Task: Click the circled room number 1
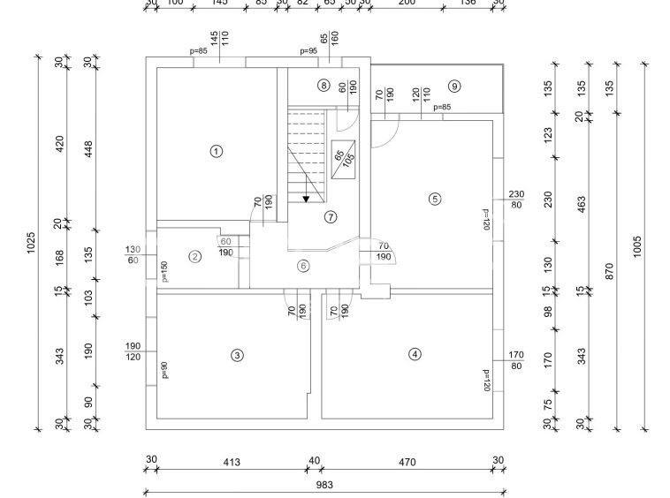click(216, 151)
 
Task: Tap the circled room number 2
click(195, 257)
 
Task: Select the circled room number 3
click(237, 355)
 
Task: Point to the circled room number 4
click(415, 354)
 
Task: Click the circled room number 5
click(434, 199)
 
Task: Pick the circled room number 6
click(303, 265)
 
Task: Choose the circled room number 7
click(331, 216)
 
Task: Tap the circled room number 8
click(324, 86)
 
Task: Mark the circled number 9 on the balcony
click(454, 86)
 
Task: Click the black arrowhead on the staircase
click(306, 199)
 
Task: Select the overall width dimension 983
click(324, 485)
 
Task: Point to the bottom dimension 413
click(232, 461)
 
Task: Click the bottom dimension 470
click(407, 461)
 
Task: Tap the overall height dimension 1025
click(29, 243)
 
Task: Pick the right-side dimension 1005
click(637, 246)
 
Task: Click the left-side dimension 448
click(88, 152)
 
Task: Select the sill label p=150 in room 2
click(164, 271)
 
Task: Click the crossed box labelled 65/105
click(344, 159)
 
